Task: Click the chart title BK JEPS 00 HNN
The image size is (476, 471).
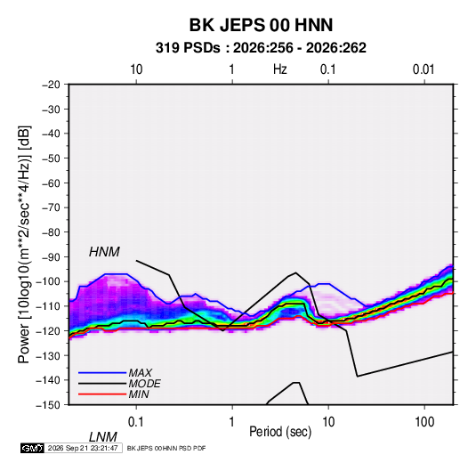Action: pyautogui.click(x=261, y=25)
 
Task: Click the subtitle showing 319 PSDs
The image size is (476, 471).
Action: pyautogui.click(x=261, y=48)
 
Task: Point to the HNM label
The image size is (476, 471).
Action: pyautogui.click(x=104, y=252)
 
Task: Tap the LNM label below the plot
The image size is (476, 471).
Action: pyautogui.click(x=103, y=437)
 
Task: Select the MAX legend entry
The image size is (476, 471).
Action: pyautogui.click(x=140, y=373)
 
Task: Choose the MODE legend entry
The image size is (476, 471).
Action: pyautogui.click(x=144, y=384)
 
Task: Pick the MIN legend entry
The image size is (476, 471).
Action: pyautogui.click(x=139, y=394)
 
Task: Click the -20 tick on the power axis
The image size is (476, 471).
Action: pyautogui.click(x=51, y=85)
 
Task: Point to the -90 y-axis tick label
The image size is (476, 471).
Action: pyautogui.click(x=51, y=257)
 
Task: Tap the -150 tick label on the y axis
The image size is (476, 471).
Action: pyautogui.click(x=48, y=405)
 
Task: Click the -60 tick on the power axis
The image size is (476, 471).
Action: pyautogui.click(x=51, y=183)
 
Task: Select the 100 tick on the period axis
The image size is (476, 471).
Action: pyautogui.click(x=424, y=422)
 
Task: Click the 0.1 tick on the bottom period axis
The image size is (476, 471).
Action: pyautogui.click(x=136, y=422)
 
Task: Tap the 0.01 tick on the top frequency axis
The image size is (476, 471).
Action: pyautogui.click(x=424, y=69)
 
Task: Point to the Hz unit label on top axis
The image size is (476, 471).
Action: pyautogui.click(x=280, y=69)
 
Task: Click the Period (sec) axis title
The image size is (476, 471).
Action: pyautogui.click(x=280, y=432)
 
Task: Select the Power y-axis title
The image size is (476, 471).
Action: pyautogui.click(x=24, y=244)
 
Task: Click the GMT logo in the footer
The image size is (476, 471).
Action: pyautogui.click(x=32, y=448)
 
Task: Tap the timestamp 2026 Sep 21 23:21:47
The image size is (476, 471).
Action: pyautogui.click(x=83, y=448)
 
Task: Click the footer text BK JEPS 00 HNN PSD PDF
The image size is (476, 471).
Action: pyautogui.click(x=166, y=448)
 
